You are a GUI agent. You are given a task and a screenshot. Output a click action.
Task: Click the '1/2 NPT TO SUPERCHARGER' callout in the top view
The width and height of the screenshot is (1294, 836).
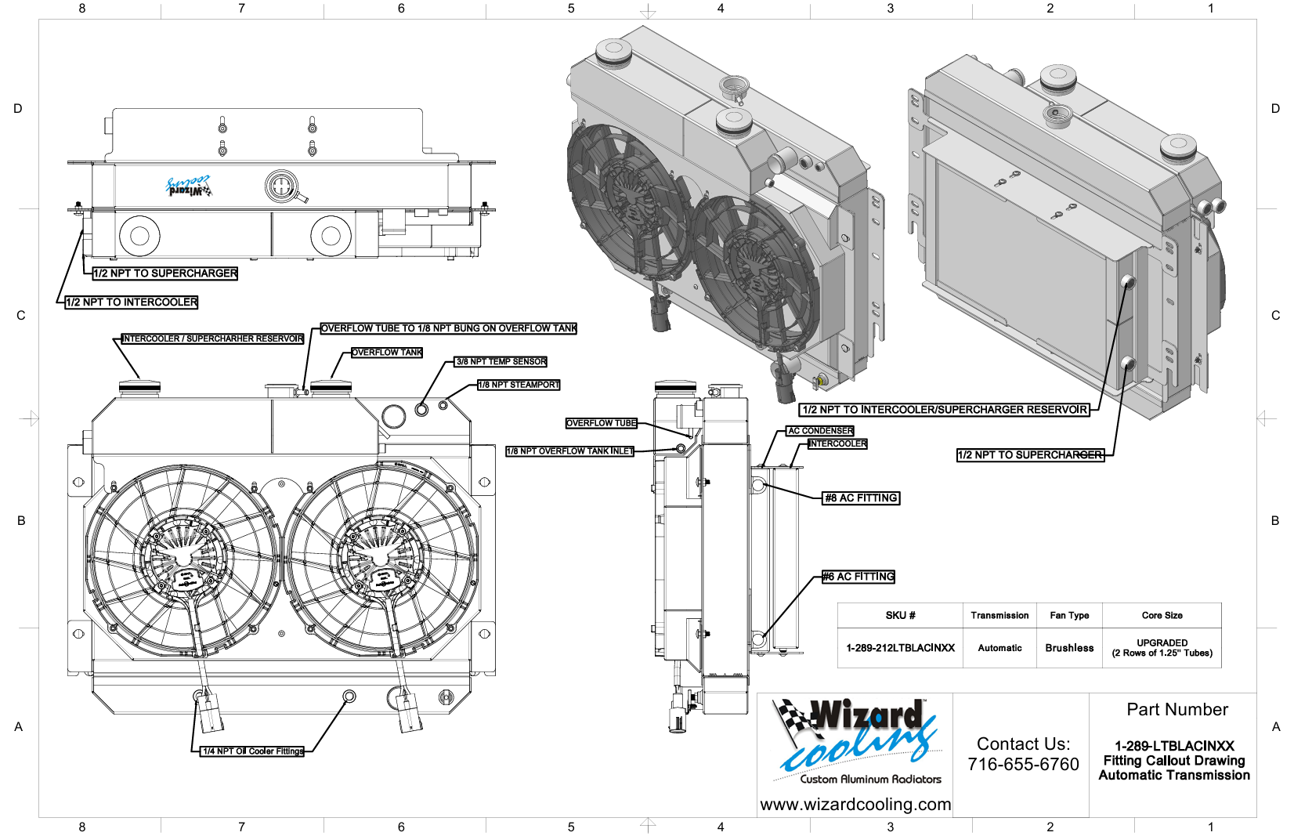pyautogui.click(x=164, y=273)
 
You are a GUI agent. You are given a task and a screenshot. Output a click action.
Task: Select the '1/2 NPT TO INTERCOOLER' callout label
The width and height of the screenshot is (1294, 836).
pyautogui.click(x=131, y=302)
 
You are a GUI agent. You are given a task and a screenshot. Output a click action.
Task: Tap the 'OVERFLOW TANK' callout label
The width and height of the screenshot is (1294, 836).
pyautogui.click(x=387, y=353)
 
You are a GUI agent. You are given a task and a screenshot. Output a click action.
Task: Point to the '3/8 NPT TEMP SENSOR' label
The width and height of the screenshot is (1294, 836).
pyautogui.click(x=501, y=362)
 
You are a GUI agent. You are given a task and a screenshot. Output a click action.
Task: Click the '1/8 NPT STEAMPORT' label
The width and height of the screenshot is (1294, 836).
pyautogui.click(x=519, y=385)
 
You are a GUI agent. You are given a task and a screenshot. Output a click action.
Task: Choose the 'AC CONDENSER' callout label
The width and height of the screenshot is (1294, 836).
pyautogui.click(x=820, y=431)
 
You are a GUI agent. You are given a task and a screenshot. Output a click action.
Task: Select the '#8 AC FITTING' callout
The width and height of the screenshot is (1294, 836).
pyautogui.click(x=861, y=498)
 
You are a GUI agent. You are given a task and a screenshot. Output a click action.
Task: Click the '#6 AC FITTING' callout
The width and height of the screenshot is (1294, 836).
pyautogui.click(x=858, y=577)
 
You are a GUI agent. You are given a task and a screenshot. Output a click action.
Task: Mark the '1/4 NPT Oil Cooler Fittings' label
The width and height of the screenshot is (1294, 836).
pyautogui.click(x=252, y=751)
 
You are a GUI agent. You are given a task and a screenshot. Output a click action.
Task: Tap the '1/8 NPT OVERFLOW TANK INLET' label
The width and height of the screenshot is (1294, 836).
pyautogui.click(x=569, y=451)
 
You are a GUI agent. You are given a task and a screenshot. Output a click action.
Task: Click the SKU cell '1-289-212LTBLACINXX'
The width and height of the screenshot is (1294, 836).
pyautogui.click(x=900, y=648)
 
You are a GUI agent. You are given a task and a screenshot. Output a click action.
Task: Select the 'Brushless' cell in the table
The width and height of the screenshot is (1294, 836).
pyautogui.click(x=1069, y=648)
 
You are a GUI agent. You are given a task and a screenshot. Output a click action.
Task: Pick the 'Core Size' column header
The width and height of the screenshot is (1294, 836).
pyautogui.click(x=1162, y=616)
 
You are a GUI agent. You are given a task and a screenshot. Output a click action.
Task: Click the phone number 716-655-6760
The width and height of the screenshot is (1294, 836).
pyautogui.click(x=1023, y=765)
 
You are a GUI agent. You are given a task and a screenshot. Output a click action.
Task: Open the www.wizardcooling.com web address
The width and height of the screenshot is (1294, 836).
pyautogui.click(x=855, y=805)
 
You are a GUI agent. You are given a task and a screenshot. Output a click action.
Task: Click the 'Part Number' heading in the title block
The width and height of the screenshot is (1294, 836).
pyautogui.click(x=1177, y=710)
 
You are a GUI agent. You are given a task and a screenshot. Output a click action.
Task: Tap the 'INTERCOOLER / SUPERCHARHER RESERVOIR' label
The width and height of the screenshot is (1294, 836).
pyautogui.click(x=212, y=339)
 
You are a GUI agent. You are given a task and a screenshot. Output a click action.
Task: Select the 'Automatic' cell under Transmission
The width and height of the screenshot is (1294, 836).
pyautogui.click(x=999, y=648)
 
